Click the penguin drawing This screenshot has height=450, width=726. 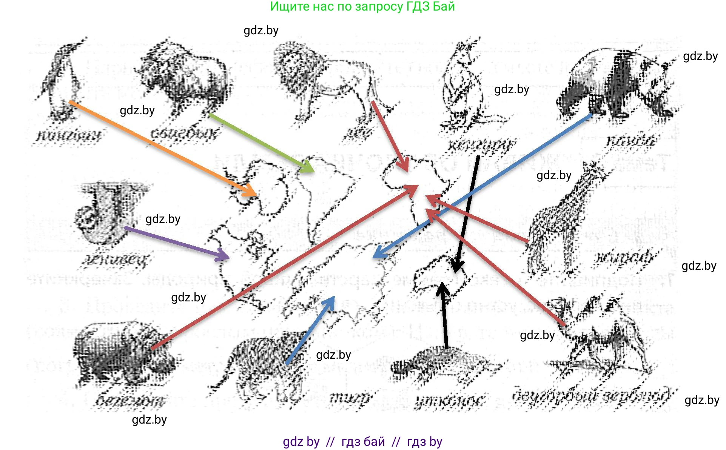[62, 81]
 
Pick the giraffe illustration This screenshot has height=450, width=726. [563, 223]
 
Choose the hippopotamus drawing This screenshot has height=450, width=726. [121, 355]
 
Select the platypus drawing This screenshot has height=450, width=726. [445, 362]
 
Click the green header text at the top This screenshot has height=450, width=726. [362, 6]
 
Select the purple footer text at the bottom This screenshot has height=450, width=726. [362, 441]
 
